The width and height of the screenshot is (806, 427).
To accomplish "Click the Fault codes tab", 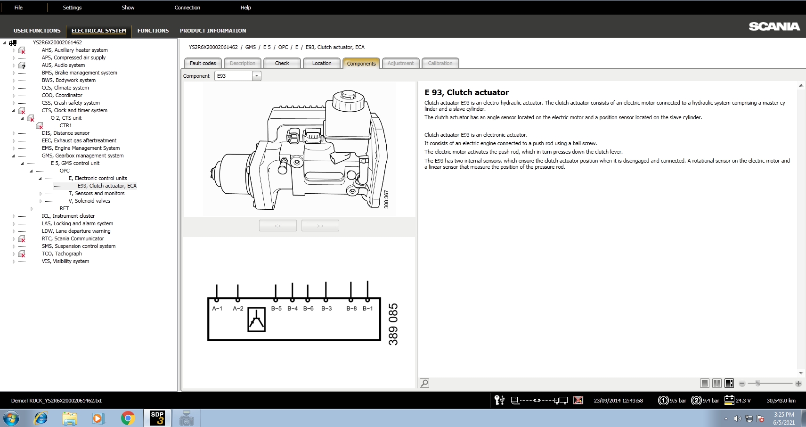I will tap(203, 63).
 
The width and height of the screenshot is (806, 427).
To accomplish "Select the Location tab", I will tap(321, 63).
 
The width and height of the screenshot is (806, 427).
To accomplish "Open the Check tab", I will tap(282, 63).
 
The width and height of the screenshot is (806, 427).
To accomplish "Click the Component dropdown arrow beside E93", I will tap(257, 76).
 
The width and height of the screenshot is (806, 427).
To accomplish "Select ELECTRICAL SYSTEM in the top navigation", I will tap(99, 31).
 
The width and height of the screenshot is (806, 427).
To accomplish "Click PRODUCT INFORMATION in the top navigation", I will tap(212, 31).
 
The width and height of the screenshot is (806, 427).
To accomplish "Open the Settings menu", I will tap(72, 8).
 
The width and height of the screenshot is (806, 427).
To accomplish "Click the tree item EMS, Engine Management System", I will tap(81, 148).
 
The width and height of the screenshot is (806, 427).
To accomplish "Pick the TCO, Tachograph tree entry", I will tap(62, 254).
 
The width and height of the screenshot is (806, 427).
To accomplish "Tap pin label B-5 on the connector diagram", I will tap(276, 309).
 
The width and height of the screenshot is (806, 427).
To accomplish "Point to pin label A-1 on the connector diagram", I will tap(217, 309).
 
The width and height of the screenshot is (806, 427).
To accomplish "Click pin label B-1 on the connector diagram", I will tap(367, 309).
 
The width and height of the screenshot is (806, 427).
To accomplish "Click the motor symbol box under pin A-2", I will tap(256, 320).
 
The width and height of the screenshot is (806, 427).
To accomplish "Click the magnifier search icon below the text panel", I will tap(424, 383).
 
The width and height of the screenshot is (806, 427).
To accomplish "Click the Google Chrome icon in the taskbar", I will tap(128, 418).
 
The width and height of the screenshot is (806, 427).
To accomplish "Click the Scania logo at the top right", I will tap(774, 26).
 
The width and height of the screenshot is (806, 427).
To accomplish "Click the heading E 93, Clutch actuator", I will tap(466, 92).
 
